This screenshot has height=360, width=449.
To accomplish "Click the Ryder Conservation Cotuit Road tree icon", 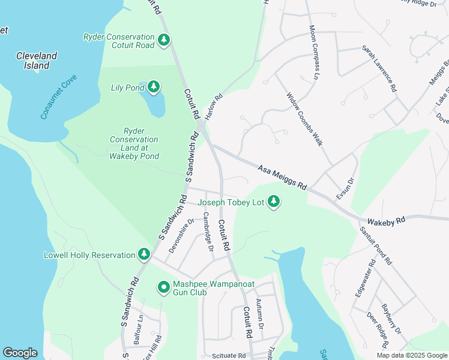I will point(164,40).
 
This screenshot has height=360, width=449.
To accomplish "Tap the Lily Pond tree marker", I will point(154,88).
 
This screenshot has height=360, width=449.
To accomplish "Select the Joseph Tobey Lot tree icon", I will point(274,202).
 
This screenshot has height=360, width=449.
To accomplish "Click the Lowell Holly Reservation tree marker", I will point(144,255).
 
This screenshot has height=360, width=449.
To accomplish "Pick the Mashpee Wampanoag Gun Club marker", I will point(163,288).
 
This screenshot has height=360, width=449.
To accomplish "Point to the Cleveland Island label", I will point(37,61).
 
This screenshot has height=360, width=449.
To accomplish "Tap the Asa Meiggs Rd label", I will point(282,178).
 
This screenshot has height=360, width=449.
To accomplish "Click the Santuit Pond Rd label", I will point(375,246).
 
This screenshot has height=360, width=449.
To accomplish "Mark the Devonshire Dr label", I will point(181,236).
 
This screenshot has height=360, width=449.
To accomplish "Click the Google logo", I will point(20,353).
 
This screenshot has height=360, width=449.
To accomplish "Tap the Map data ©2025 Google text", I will point(411,355).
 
